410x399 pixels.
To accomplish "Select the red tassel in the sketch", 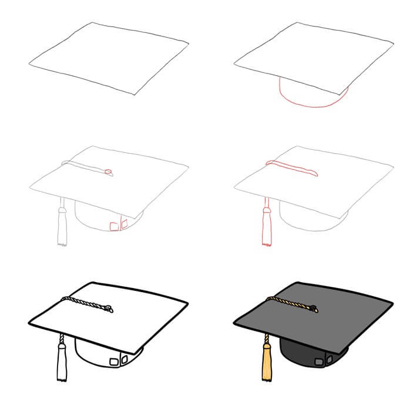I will [266, 226].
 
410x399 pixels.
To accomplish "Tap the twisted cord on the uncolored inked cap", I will [85, 303].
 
